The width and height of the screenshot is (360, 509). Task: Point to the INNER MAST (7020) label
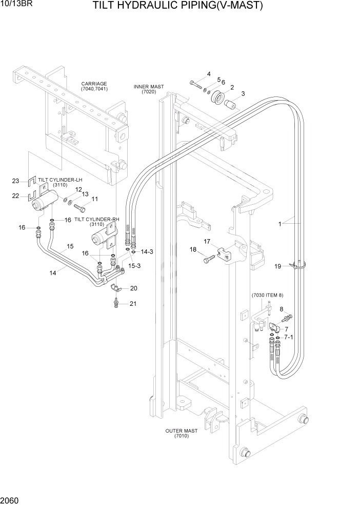click(148, 89)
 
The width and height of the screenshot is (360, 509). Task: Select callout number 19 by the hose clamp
click(277, 266)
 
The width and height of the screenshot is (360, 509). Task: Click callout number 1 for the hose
click(280, 223)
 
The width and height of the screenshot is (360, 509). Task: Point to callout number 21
click(133, 304)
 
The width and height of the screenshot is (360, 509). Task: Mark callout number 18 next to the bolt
click(193, 249)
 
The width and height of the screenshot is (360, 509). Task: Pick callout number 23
click(15, 181)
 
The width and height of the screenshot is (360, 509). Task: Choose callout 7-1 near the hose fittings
click(288, 337)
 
